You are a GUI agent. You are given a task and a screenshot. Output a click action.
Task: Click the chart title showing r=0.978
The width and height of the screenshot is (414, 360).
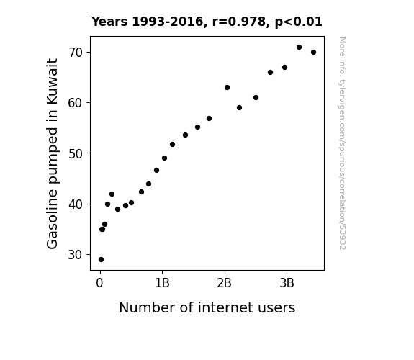pyautogui.click(x=207, y=22)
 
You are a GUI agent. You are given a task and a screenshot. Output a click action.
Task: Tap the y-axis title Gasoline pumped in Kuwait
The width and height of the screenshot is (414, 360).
pyautogui.click(x=52, y=153)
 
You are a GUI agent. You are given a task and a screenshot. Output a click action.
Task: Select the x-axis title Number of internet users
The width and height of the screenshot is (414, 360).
pyautogui.click(x=207, y=307)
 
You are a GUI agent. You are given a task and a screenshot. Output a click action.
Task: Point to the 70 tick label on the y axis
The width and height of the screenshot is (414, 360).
pyautogui.click(x=76, y=53)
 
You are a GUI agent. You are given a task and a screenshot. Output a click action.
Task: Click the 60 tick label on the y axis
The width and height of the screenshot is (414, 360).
pyautogui.click(x=76, y=103)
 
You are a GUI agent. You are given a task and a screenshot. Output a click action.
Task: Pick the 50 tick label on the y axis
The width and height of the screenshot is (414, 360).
pyautogui.click(x=76, y=153)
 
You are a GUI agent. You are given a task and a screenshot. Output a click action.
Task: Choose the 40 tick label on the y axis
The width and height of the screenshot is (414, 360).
pyautogui.click(x=76, y=204)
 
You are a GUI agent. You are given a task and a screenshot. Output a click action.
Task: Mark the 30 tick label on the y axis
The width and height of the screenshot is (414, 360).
pyautogui.click(x=76, y=255)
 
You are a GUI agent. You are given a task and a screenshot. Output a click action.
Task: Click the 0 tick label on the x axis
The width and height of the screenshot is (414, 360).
pyautogui.click(x=99, y=284)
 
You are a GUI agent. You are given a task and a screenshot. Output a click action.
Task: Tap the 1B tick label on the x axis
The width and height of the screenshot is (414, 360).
pyautogui.click(x=163, y=284)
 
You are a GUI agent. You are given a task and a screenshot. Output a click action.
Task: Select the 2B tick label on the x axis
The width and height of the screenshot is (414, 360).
pyautogui.click(x=225, y=284)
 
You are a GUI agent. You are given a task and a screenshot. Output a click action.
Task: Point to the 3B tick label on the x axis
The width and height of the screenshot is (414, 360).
pyautogui.click(x=287, y=284)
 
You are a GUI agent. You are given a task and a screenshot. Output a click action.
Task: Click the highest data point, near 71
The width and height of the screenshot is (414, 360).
pyautogui.click(x=299, y=48)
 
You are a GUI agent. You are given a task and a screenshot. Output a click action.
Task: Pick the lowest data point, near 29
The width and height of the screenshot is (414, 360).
pyautogui.click(x=101, y=260)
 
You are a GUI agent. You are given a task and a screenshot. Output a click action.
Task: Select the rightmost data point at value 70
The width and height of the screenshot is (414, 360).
pyautogui.click(x=313, y=53)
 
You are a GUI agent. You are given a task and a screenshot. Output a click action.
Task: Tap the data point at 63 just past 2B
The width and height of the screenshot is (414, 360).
pyautogui.click(x=227, y=87)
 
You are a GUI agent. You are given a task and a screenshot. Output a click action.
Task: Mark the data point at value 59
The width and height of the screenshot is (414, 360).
pyautogui.click(x=240, y=108)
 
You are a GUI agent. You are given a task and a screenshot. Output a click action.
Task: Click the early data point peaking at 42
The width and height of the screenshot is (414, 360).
pyautogui.click(x=112, y=194)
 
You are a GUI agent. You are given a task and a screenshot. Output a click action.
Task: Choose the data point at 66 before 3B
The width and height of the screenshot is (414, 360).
pyautogui.click(x=271, y=73)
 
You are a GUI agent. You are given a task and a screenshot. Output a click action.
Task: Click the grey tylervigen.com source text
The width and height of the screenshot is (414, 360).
pyautogui.click(x=343, y=143)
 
